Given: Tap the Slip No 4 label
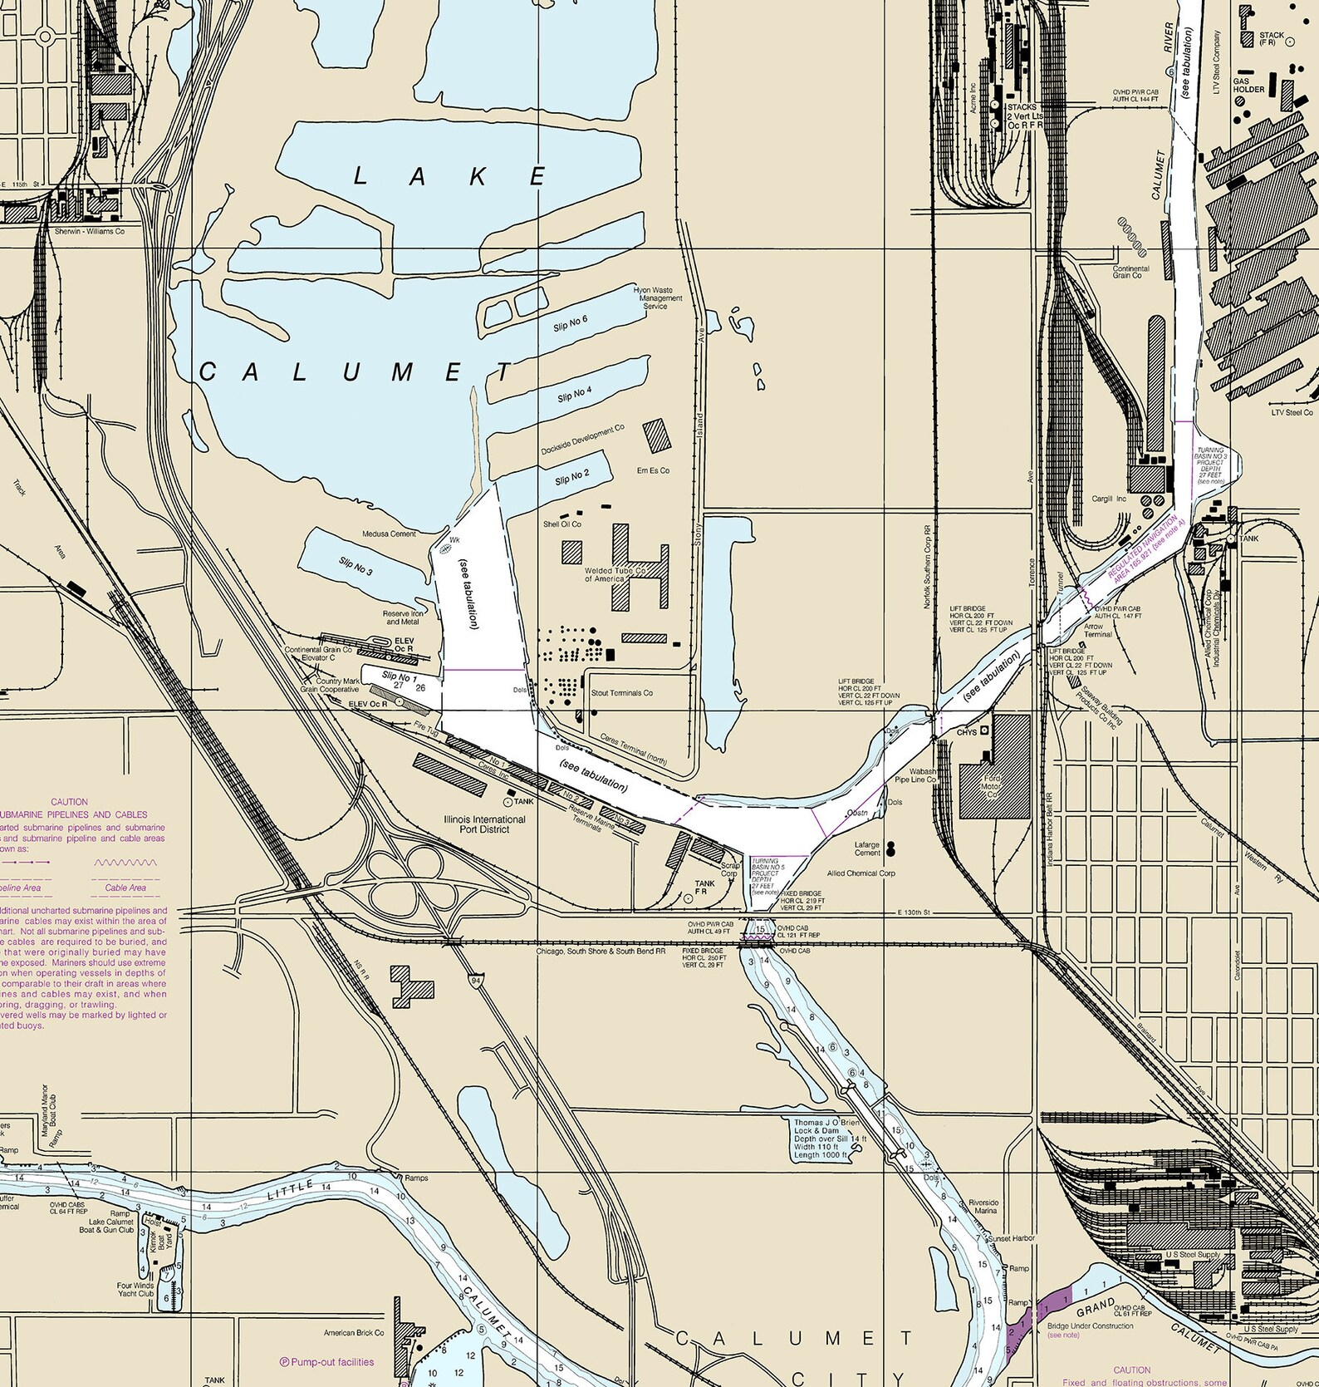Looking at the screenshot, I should click(574, 394).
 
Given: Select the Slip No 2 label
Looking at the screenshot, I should click(571, 478).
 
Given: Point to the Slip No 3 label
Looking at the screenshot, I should click(355, 568).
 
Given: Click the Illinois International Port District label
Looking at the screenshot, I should click(484, 824).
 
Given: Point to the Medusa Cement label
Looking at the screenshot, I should click(389, 534).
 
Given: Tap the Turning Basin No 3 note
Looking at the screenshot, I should click(1211, 465).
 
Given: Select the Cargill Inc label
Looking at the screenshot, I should click(1110, 499).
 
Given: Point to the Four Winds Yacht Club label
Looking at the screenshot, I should click(135, 1289).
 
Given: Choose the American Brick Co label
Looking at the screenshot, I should click(354, 1356).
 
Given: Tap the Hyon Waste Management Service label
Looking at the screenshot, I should click(657, 298).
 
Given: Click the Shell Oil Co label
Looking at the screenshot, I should click(562, 524).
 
